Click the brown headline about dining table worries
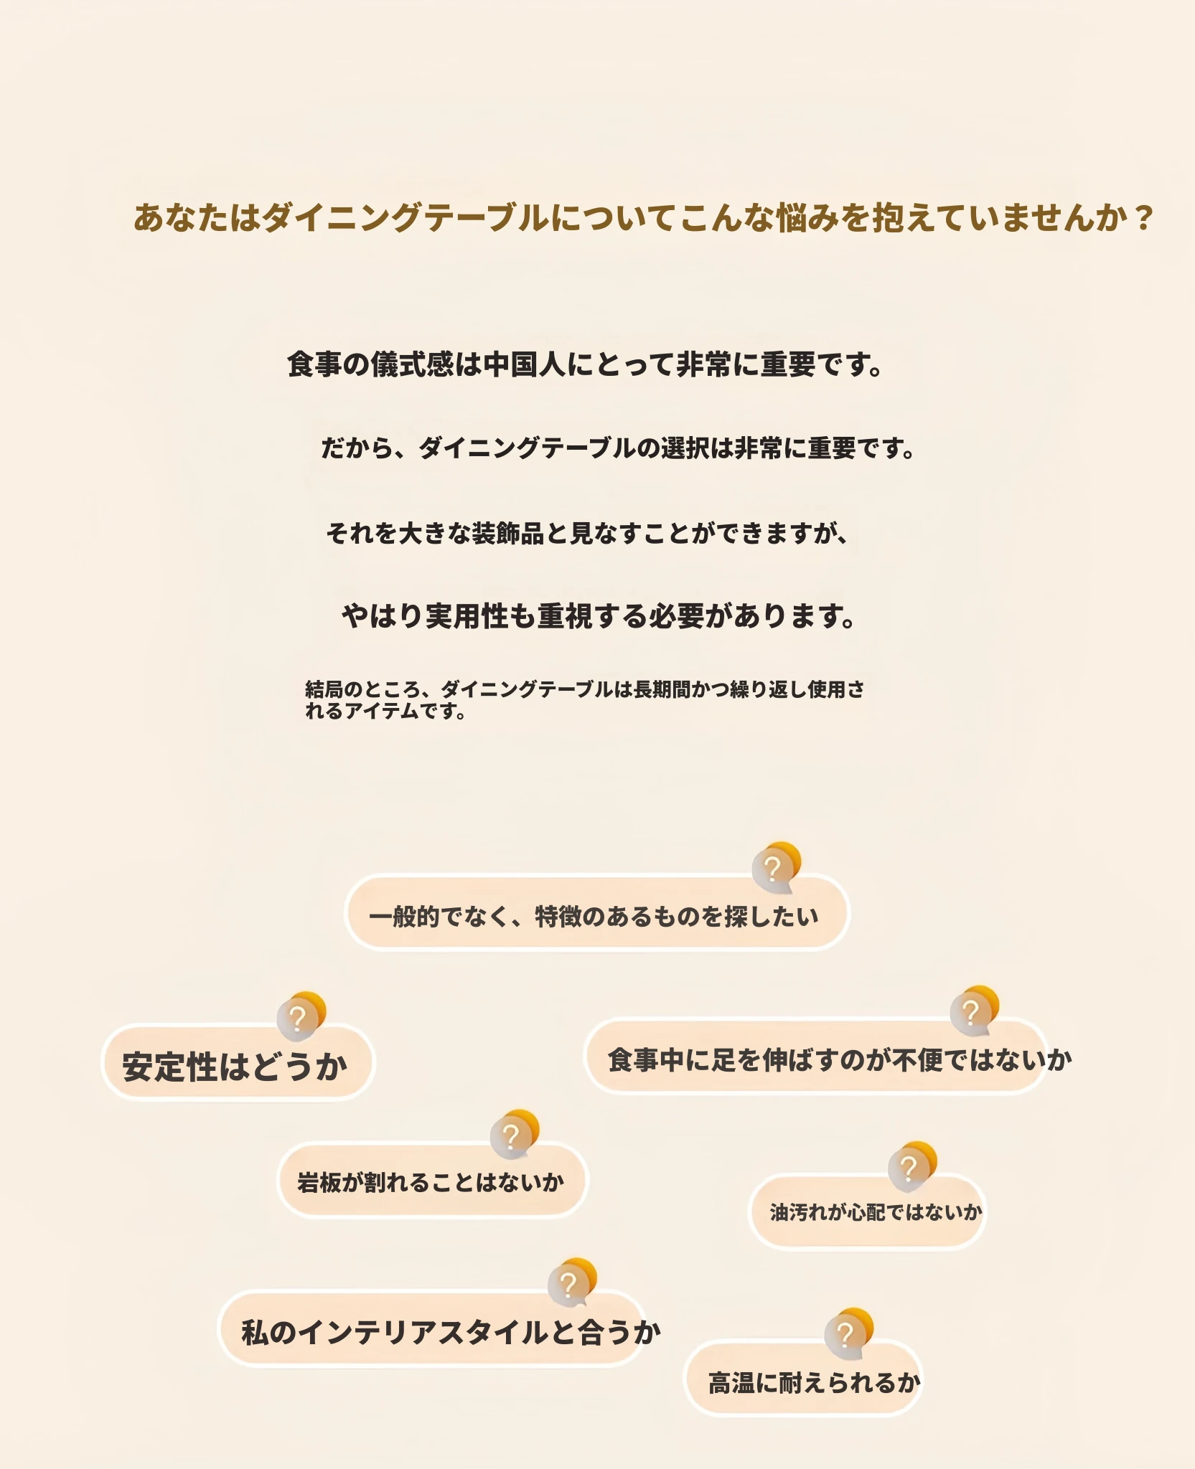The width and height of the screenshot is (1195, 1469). (643, 218)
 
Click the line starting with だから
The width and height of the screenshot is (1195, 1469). (618, 448)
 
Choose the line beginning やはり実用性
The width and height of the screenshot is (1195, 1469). (599, 616)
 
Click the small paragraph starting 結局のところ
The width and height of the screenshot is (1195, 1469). (584, 700)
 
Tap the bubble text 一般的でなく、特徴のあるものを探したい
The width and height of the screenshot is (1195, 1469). (594, 917)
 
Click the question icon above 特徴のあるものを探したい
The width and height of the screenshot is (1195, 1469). (776, 867)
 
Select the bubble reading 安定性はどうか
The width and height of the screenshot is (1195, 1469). (235, 1066)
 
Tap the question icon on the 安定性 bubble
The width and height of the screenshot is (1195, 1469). (301, 1016)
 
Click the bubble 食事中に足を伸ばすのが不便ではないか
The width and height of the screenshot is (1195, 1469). (840, 1059)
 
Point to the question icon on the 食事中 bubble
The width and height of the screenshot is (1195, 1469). (974, 1011)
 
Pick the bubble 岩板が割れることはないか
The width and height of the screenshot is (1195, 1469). (431, 1182)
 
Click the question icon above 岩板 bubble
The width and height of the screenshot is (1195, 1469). (514, 1135)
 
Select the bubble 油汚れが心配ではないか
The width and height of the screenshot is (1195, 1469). (876, 1212)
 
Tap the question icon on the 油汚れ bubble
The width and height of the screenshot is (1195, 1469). (912, 1167)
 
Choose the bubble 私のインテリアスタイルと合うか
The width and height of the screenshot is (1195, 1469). (451, 1332)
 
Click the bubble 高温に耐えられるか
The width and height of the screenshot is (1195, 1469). (814, 1382)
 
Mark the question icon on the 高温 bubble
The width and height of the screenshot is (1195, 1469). (849, 1333)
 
